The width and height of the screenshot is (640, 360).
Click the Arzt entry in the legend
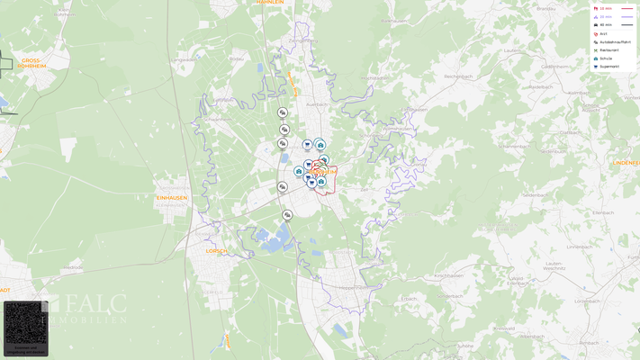click(x=603, y=34)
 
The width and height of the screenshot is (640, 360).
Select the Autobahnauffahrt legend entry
click(x=614, y=42)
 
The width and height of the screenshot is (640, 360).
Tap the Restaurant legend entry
click(x=608, y=50)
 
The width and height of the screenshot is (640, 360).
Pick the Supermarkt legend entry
click(x=608, y=67)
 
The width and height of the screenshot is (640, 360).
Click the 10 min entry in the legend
click(x=605, y=8)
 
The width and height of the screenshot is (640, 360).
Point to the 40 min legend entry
click(x=605, y=25)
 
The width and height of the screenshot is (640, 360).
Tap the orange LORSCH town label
click(x=216, y=251)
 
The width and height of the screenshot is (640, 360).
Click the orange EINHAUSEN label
click(x=171, y=198)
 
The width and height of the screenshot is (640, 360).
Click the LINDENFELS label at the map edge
click(x=626, y=163)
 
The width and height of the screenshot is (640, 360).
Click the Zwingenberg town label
click(x=302, y=40)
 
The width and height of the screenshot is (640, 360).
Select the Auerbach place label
click(x=316, y=104)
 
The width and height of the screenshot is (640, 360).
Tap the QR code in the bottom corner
click(x=24, y=324)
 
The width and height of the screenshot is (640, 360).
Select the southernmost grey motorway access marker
click(x=287, y=215)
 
